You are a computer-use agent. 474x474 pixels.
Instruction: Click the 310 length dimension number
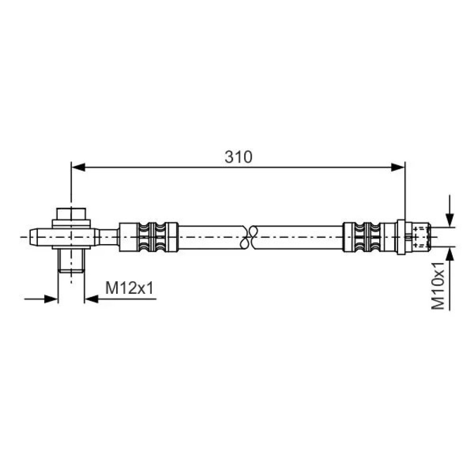tap(238, 157)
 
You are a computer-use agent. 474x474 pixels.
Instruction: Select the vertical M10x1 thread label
tap(438, 286)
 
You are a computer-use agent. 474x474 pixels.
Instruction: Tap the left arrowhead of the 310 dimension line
tap(79, 167)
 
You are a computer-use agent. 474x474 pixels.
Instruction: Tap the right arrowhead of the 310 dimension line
tap(398, 167)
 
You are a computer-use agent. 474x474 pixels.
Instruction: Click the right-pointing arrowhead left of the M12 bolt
tap(51, 299)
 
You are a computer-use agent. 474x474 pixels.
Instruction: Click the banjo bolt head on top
tap(72, 214)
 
